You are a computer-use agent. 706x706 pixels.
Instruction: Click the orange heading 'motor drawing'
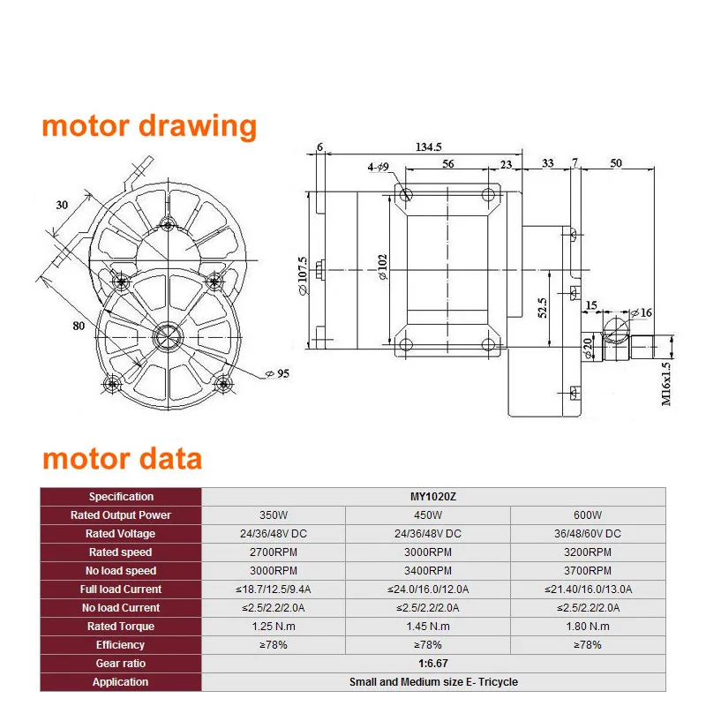click(149, 126)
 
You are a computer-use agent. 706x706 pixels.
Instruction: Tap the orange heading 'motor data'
click(122, 459)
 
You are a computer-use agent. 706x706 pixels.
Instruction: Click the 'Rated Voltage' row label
click(121, 534)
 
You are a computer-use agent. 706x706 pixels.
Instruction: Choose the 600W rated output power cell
click(587, 515)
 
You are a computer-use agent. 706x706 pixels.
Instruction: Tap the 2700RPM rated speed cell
click(273, 552)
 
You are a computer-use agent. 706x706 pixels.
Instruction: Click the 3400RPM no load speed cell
click(427, 571)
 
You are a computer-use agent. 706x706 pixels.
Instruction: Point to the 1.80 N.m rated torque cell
click(587, 627)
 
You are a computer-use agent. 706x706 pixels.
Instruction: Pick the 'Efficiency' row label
click(121, 645)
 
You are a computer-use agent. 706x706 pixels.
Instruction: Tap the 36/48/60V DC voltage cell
click(587, 534)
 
